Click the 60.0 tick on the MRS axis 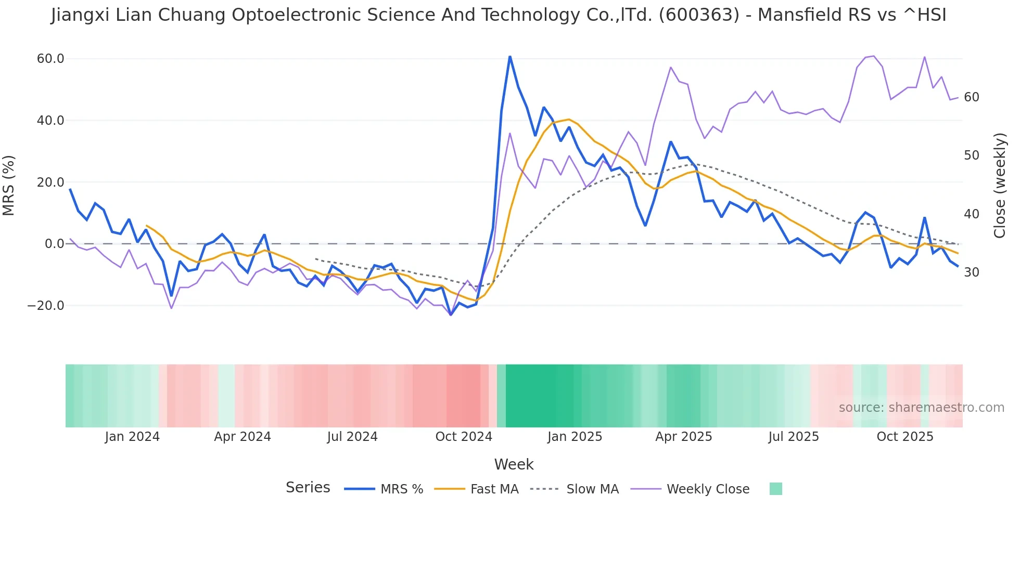click(50, 59)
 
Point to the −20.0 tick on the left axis click(46, 306)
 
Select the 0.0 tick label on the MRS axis click(55, 244)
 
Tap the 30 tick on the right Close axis click(972, 272)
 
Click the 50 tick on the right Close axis click(972, 155)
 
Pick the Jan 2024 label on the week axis click(132, 437)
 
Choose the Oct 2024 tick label click(464, 437)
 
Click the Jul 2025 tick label click(794, 437)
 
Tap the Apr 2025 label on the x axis click(684, 437)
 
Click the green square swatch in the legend click(776, 489)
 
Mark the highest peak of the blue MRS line click(510, 56)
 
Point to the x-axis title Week click(514, 464)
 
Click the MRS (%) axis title click(9, 185)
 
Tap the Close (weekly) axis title click(1000, 185)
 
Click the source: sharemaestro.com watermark click(922, 408)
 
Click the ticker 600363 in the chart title click(699, 15)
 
